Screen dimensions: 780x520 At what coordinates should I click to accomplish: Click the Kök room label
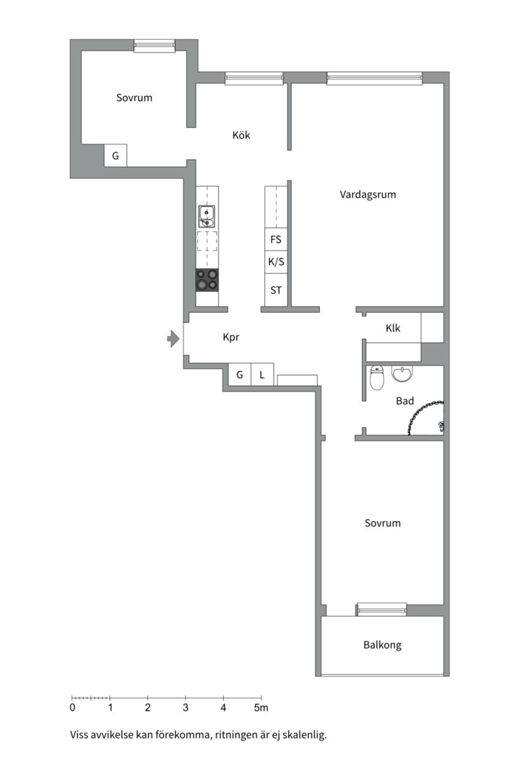point(241,135)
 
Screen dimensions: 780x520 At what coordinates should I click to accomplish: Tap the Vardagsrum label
point(368,194)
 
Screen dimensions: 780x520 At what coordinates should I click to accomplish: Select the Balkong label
point(382,645)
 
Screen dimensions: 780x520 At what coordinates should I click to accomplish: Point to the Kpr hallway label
point(231,337)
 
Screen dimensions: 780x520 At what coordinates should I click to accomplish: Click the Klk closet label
point(393,328)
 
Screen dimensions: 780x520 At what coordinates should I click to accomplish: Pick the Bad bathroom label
point(404,401)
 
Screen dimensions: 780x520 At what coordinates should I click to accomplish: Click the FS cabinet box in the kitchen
point(276,239)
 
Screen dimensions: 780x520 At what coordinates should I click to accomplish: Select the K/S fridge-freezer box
point(276,262)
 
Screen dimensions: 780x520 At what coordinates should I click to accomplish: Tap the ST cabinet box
point(276,291)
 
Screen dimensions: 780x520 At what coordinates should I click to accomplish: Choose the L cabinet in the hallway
point(262,375)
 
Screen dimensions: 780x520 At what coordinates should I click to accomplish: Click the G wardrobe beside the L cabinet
point(239,375)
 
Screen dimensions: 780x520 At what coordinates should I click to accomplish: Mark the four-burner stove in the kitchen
point(207,279)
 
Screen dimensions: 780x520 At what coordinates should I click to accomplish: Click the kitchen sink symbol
point(207,216)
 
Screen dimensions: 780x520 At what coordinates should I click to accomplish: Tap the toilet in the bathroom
point(376,378)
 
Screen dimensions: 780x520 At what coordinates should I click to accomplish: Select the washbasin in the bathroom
point(402,373)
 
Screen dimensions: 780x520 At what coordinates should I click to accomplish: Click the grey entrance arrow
point(173,337)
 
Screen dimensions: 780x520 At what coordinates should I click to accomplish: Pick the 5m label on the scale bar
point(261,708)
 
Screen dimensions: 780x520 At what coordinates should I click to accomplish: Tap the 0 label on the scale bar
point(72,708)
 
